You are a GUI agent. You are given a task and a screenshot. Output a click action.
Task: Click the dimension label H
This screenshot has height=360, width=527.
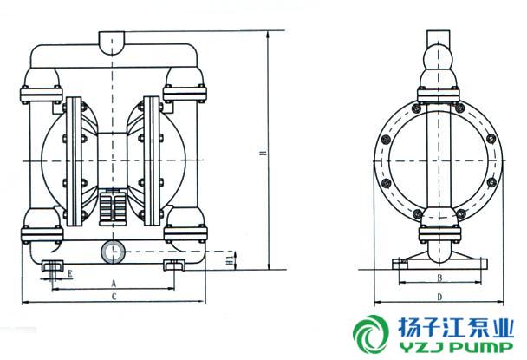(x=264, y=153)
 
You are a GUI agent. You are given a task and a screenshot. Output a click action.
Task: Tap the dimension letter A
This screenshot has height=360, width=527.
(x=114, y=284)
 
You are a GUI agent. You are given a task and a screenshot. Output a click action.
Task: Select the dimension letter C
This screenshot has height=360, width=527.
(x=114, y=297)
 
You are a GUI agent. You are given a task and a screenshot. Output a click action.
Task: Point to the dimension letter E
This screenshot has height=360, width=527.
(x=69, y=273)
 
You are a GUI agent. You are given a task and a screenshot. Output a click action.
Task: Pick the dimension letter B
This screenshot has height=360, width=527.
(x=439, y=278)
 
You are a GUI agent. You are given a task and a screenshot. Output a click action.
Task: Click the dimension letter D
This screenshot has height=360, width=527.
(x=439, y=297)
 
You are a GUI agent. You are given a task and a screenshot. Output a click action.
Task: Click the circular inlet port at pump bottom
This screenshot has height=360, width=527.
(x=113, y=252)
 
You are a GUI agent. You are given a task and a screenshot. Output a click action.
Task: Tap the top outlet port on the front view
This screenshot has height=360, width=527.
(x=112, y=42)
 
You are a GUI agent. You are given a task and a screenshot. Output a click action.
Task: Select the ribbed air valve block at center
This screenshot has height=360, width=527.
(x=112, y=206)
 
